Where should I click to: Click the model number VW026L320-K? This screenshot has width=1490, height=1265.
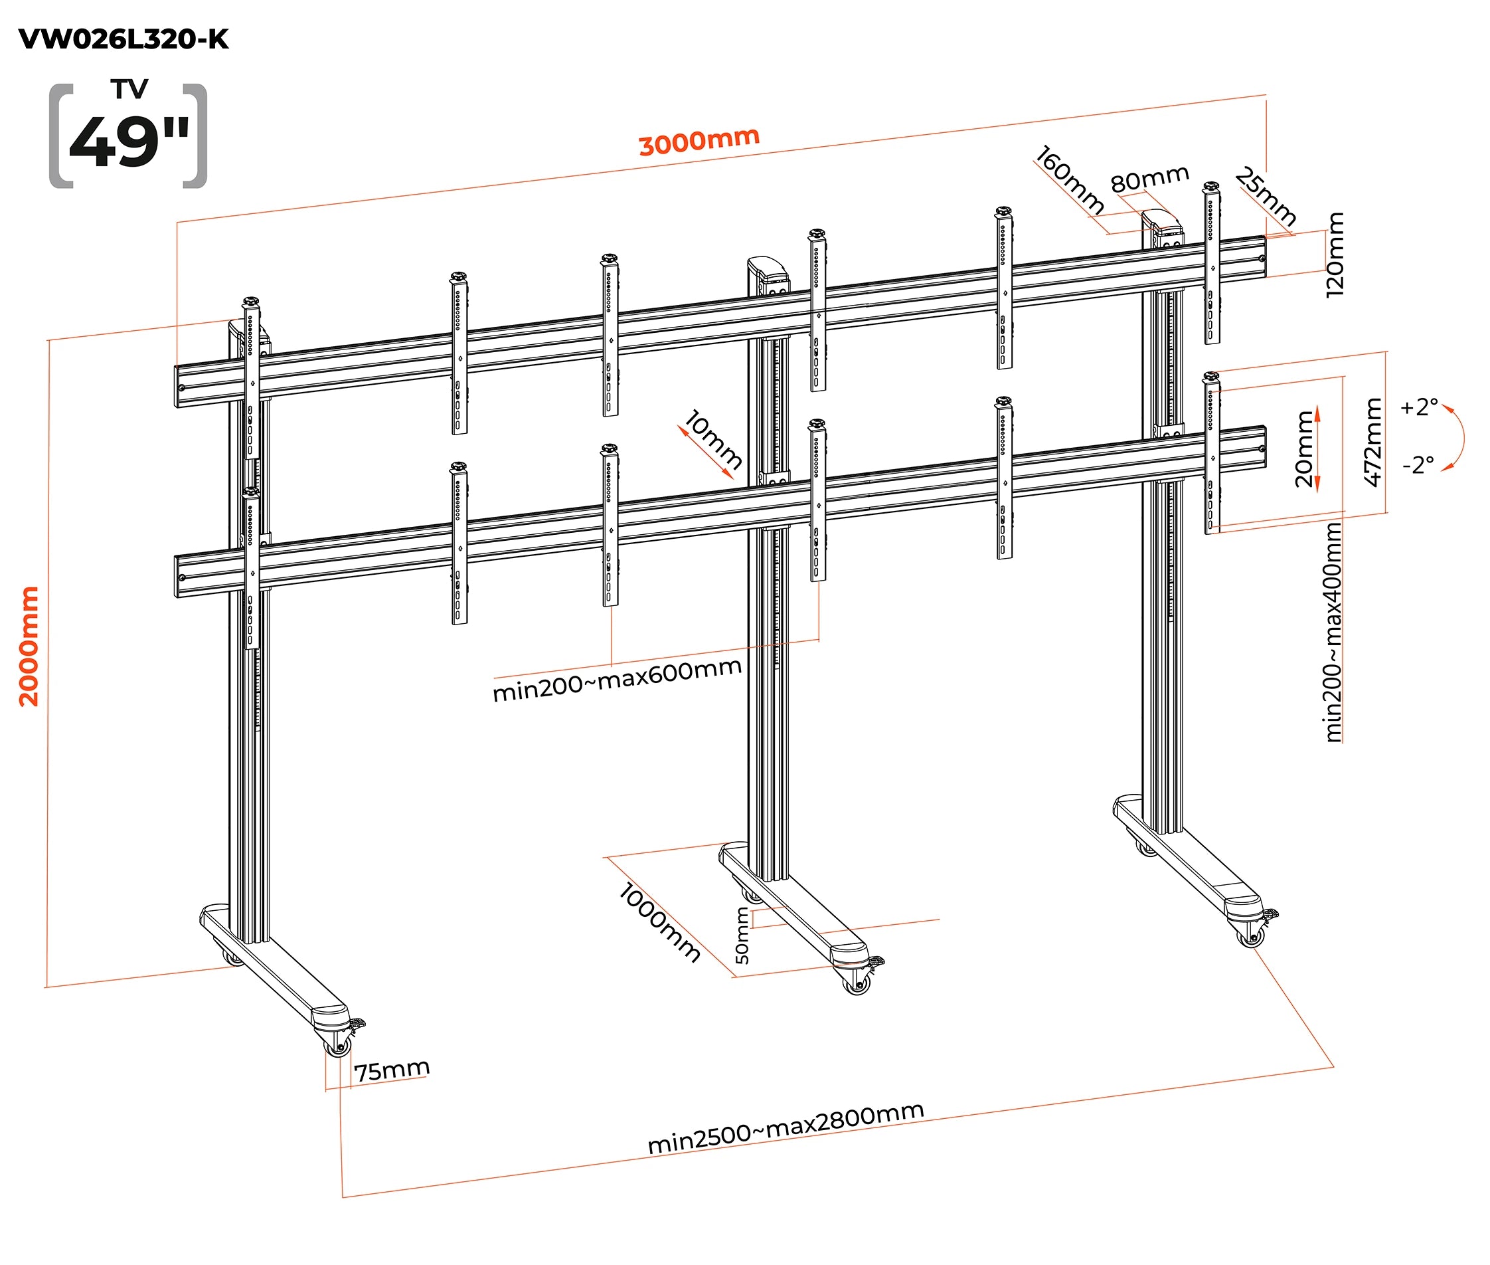point(124,39)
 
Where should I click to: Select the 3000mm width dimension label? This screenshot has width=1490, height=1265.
point(699,141)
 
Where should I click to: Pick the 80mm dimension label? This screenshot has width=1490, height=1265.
point(1149,179)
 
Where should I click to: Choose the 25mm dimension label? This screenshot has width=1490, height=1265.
point(1266,197)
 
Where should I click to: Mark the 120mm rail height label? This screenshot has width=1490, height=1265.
point(1335,254)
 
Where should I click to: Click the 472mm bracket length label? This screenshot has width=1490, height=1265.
point(1372,442)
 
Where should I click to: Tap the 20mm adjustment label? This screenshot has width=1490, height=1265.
point(1304,449)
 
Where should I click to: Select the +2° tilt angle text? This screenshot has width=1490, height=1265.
point(1419,407)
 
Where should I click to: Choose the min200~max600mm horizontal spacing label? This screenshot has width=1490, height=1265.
point(617,680)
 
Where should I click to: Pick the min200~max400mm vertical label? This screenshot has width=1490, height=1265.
point(1333,632)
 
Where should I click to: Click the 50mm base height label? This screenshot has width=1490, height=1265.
point(742,936)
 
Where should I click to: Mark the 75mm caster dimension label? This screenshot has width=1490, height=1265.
point(392,1070)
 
